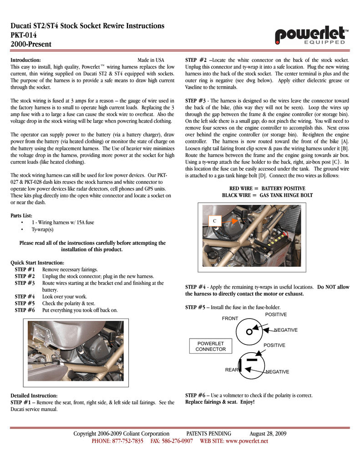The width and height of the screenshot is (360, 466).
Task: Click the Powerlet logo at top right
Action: click(x=312, y=35)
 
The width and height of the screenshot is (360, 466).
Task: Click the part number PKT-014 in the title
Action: click(x=24, y=35)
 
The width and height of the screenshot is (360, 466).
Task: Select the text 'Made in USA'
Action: click(x=151, y=60)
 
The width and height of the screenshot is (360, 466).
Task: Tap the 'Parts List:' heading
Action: click(x=21, y=216)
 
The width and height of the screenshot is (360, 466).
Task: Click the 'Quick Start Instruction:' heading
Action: click(x=37, y=263)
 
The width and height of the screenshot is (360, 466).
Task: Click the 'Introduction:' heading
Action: click(x=26, y=60)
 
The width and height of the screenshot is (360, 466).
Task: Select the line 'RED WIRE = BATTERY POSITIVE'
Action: click(x=267, y=188)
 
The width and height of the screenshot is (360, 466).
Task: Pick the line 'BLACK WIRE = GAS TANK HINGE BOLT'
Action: click(x=267, y=195)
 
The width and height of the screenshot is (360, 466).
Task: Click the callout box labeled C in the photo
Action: click(x=214, y=221)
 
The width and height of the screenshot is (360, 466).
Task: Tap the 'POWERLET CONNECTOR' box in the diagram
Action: click(x=210, y=346)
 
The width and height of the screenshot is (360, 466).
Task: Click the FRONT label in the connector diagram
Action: click(x=230, y=319)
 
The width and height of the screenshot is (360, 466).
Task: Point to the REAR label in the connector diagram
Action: click(x=232, y=370)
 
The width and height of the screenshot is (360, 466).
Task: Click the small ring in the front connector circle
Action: click(x=249, y=331)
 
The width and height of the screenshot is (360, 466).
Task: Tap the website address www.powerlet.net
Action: click(x=247, y=441)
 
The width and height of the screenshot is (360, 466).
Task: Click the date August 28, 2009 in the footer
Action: click(x=268, y=434)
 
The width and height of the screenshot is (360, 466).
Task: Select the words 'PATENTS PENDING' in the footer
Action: click(x=209, y=434)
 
